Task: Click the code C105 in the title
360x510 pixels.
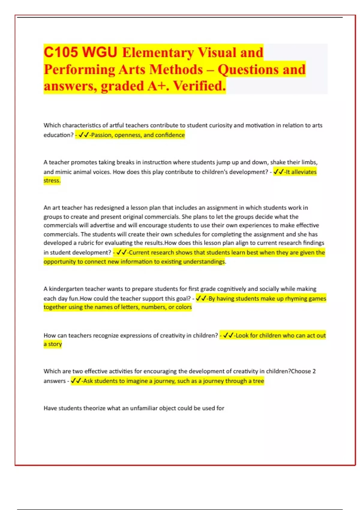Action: [x=61, y=52]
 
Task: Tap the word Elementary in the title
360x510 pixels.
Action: [x=158, y=53]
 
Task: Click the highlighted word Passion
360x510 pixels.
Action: [x=101, y=135]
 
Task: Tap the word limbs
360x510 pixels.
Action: [x=309, y=162]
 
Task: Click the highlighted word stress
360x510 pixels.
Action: [x=52, y=181]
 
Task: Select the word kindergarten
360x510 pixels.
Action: [x=66, y=289]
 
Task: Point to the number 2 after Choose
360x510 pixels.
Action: [x=314, y=371]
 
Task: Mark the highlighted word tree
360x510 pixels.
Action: [x=258, y=381]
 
